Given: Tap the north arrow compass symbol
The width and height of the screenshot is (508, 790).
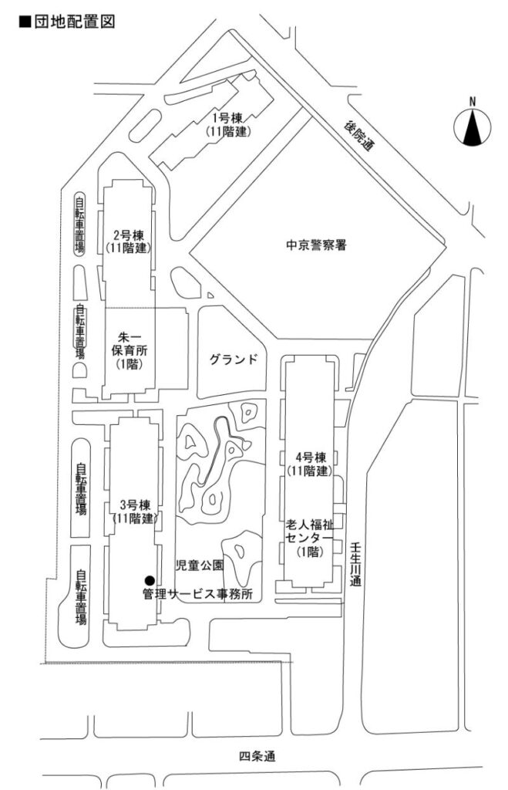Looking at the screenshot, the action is tap(473, 127).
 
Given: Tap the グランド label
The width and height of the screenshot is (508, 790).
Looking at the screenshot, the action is tap(233, 360).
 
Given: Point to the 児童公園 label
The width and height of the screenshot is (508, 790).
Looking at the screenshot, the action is tap(200, 565).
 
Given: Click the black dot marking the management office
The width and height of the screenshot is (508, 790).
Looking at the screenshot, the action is tap(149, 580).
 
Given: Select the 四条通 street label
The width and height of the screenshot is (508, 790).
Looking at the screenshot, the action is tap(257, 756).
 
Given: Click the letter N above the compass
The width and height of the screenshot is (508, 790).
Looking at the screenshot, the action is tap(473, 102).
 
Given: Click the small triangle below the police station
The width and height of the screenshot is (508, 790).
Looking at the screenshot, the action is tap(210, 295).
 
